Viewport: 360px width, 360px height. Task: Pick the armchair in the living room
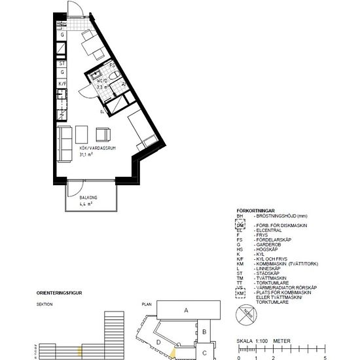pos(104,135)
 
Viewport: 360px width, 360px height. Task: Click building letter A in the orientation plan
pos(186,310)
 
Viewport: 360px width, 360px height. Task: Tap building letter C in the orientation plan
pos(204,353)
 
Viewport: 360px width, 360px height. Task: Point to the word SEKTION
pos(45,305)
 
